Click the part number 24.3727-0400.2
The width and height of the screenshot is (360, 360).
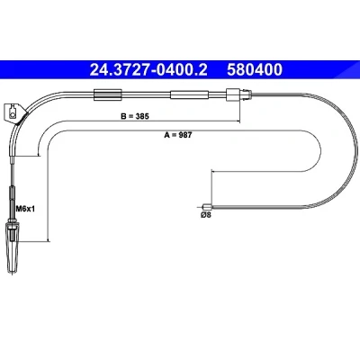coord(148,69)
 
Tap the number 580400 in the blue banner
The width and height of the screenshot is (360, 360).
coord(255,69)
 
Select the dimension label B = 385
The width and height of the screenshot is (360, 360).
coord(135,116)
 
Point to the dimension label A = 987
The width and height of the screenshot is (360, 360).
coord(177,135)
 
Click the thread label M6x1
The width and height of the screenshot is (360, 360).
coord(25,209)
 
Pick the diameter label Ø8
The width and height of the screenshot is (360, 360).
coord(206,215)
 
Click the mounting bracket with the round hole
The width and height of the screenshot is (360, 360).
coord(13,112)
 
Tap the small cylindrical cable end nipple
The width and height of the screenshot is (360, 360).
coord(207,207)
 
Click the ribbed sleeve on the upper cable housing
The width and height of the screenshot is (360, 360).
coord(108,94)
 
